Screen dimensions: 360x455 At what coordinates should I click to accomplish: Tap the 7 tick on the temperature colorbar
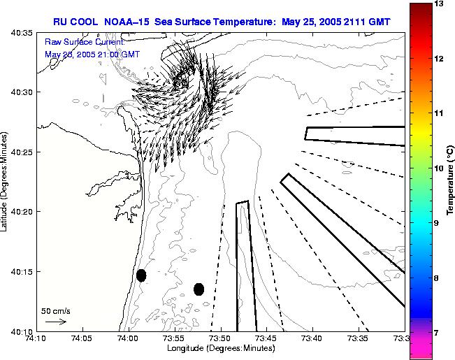pos(441,333)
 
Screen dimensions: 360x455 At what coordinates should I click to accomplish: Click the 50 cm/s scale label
pos(56,310)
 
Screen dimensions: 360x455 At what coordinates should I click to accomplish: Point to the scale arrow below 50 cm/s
pos(55,322)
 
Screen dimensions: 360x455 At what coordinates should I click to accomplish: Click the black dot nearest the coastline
pos(141,275)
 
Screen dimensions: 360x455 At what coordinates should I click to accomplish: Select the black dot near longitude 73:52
pos(198,289)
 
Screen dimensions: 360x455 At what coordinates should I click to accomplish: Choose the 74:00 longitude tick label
pos(129,339)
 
